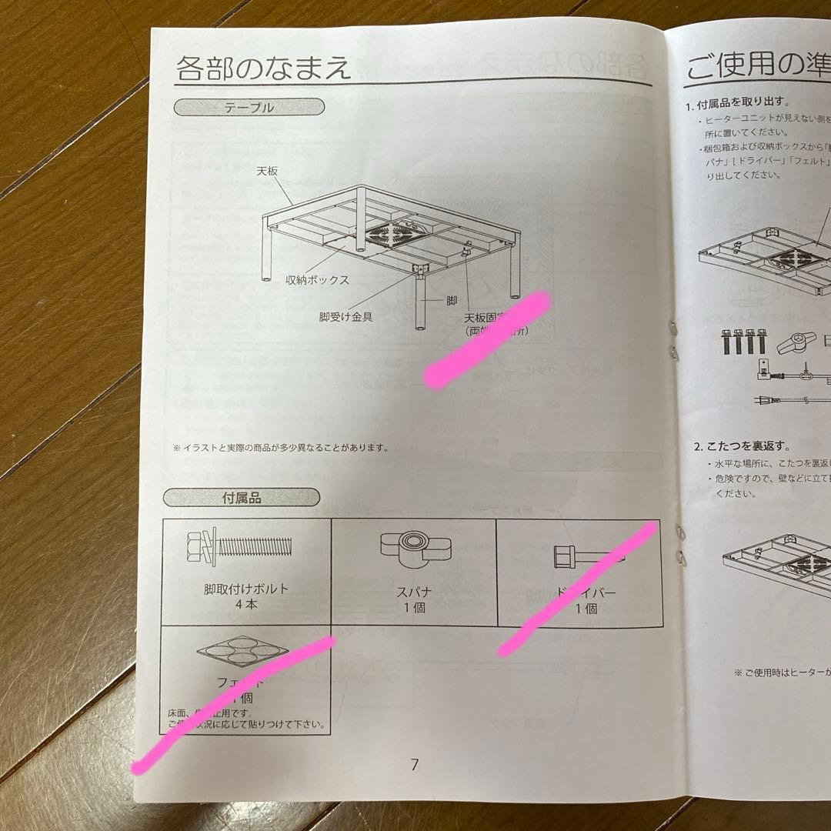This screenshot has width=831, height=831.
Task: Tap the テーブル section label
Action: tap(249, 108)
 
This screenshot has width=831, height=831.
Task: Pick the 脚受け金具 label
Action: tap(345, 316)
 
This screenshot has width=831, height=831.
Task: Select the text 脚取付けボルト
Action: tap(246, 589)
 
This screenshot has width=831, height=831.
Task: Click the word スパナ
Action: tap(413, 593)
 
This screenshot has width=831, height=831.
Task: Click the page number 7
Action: tap(415, 765)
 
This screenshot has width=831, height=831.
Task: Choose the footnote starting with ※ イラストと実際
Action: tap(281, 446)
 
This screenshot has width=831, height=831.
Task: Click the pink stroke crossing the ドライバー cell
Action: tap(576, 589)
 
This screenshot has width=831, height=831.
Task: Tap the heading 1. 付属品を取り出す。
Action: tap(736, 102)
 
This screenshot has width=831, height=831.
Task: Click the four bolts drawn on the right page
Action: tap(739, 342)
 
